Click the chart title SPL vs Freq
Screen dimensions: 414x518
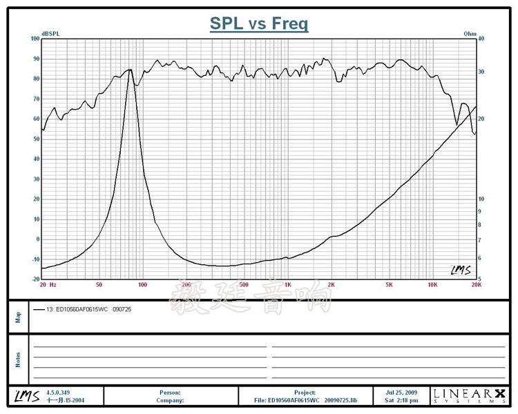259,24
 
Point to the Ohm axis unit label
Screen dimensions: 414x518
470,33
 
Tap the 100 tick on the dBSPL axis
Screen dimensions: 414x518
35,39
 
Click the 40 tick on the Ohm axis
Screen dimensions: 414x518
481,39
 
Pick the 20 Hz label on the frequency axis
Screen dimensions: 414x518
48,284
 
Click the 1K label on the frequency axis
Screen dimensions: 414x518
288,284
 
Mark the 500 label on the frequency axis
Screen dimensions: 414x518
244,284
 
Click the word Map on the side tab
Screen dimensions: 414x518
18,317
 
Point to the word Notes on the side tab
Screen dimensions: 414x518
18,359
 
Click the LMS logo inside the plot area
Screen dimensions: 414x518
460,270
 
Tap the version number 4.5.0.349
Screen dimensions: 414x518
59,393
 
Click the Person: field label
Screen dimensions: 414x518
170,393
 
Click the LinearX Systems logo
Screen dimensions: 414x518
469,395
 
